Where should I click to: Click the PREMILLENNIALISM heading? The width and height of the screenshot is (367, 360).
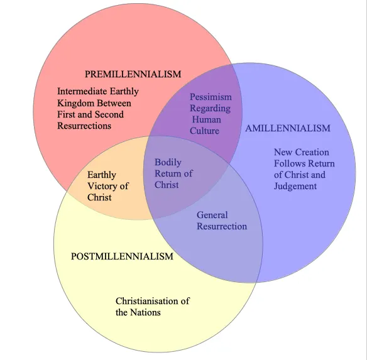tap(133, 74)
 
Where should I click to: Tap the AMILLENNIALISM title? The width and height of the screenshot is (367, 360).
tap(288, 128)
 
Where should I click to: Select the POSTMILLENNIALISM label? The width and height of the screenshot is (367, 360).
tap(122, 256)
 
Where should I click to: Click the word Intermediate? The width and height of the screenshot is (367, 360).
tap(82, 91)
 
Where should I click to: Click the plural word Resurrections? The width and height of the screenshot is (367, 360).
tap(84, 126)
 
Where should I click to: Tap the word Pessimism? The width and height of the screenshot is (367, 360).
tap(211, 97)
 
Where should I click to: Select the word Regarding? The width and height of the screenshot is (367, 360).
tap(210, 109)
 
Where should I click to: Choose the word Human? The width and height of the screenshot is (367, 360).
tap(206, 119)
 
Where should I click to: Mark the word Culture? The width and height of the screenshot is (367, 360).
tap(204, 131)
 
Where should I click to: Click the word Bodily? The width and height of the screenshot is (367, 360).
tap(168, 163)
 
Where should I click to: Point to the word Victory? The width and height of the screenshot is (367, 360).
tap(103, 187)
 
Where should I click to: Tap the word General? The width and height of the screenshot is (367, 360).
tap(212, 215)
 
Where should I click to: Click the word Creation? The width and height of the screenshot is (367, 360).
tap(312, 153)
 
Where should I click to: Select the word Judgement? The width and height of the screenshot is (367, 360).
tap(295, 187)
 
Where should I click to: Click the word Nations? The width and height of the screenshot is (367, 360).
tap(145, 312)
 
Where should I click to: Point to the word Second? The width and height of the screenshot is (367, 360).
tap(109, 114)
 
